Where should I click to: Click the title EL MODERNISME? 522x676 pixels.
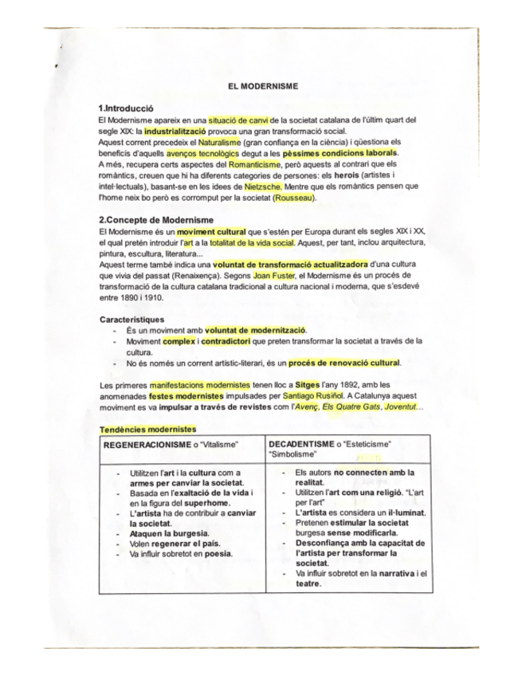pyautogui.click(x=261, y=87)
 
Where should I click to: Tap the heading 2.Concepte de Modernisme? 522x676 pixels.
pyautogui.click(x=156, y=220)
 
